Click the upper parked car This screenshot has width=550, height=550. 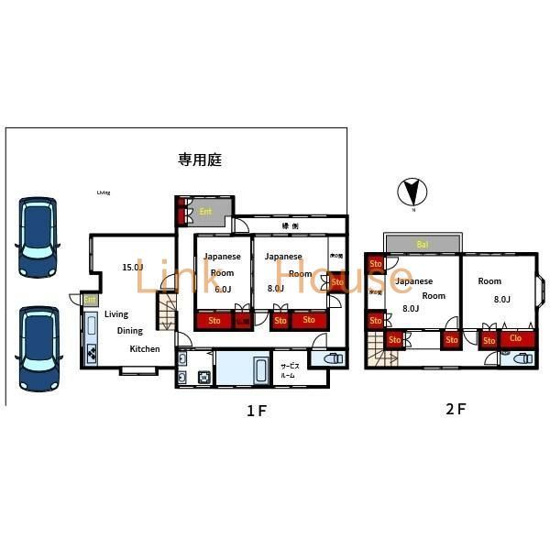pos(38,236)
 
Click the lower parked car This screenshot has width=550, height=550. pos(38,346)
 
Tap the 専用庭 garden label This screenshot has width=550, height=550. pos(200,160)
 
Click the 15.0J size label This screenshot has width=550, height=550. pos(133,268)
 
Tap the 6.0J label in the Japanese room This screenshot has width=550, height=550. pos(223,289)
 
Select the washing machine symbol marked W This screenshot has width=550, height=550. pos(203,377)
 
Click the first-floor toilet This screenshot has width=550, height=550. pos(334,361)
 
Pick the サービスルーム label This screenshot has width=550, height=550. pos(290,370)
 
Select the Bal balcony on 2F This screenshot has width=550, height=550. pos(423,244)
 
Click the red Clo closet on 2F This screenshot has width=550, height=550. pos(516,339)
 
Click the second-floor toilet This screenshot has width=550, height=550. pos(519,358)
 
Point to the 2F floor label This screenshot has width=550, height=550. pos(456,409)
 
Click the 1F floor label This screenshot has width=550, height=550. pos(256,411)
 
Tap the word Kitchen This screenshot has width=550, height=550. pos(144,349)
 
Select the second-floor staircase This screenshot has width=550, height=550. pos(378,349)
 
